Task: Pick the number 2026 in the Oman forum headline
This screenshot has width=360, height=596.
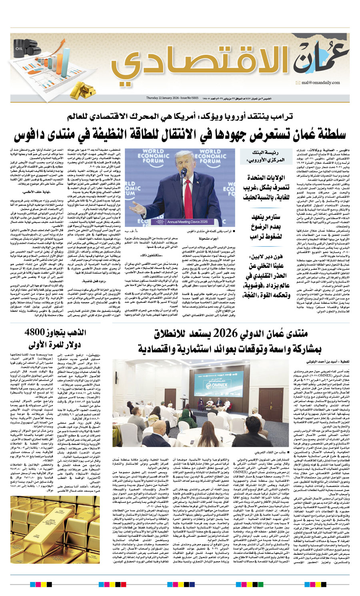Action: [x=225, y=333]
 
